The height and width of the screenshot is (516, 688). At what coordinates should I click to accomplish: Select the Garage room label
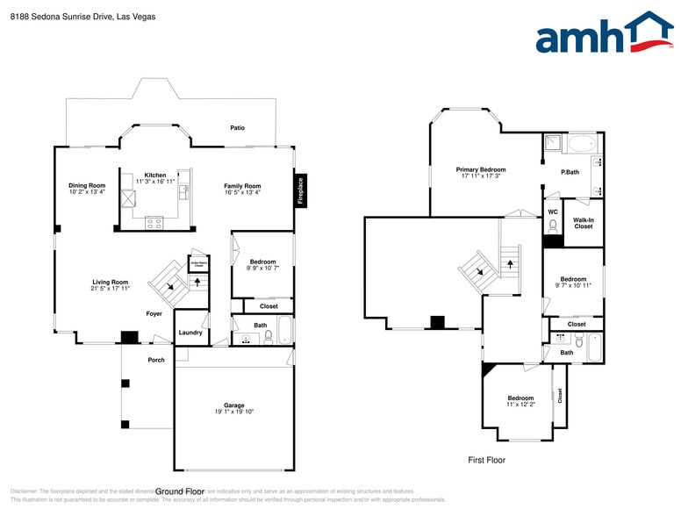coord(233,405)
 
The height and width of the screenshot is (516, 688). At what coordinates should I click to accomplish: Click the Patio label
coord(237,128)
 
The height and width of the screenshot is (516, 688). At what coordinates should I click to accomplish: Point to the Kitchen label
coord(154,176)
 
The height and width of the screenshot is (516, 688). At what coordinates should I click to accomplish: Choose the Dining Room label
coord(87,185)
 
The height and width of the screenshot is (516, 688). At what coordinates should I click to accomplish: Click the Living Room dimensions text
coord(111,288)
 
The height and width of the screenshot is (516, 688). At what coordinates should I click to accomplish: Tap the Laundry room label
coord(190,333)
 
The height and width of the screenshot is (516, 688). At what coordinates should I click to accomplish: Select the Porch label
coord(156,360)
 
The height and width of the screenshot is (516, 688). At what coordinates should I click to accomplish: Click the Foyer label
coord(154,313)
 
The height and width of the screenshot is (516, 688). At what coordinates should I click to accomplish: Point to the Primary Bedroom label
coord(480,169)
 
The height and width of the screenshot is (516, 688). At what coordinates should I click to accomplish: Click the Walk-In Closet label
coord(583,223)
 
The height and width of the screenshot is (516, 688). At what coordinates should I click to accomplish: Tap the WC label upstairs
coord(552,211)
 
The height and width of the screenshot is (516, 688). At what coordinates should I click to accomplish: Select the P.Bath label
coord(570,172)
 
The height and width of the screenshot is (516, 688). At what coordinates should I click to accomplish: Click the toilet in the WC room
coord(553,226)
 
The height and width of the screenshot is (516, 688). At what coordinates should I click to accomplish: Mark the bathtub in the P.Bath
coord(580,143)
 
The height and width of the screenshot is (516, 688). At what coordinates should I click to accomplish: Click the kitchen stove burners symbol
coord(154,223)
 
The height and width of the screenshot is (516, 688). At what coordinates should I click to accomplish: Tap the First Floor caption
coord(485,460)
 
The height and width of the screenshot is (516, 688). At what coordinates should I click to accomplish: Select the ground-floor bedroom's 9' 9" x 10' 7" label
coord(262,268)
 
